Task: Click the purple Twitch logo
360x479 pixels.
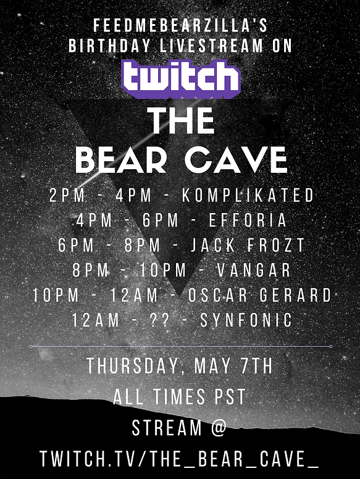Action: click(181, 79)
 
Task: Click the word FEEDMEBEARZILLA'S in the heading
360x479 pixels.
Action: click(180, 25)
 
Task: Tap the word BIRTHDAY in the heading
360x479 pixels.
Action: click(110, 46)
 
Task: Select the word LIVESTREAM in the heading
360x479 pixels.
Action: click(211, 46)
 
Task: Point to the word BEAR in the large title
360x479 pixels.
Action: click(121, 160)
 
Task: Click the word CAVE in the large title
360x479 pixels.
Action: click(237, 160)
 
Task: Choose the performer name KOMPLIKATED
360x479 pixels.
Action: click(248, 195)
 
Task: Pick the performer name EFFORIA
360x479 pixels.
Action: click(248, 220)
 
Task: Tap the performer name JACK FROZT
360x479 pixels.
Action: click(248, 245)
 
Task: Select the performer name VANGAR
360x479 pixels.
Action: click(254, 270)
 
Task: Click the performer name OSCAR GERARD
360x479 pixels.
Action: click(259, 295)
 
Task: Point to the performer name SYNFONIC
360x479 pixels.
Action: click(246, 320)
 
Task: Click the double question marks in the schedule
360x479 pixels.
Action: click(160, 320)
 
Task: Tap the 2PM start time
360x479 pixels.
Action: click(67, 195)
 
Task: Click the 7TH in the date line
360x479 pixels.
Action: click(256, 366)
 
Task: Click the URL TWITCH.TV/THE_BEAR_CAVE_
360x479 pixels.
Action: click(180, 458)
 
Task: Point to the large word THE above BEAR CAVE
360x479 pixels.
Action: click(180, 121)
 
